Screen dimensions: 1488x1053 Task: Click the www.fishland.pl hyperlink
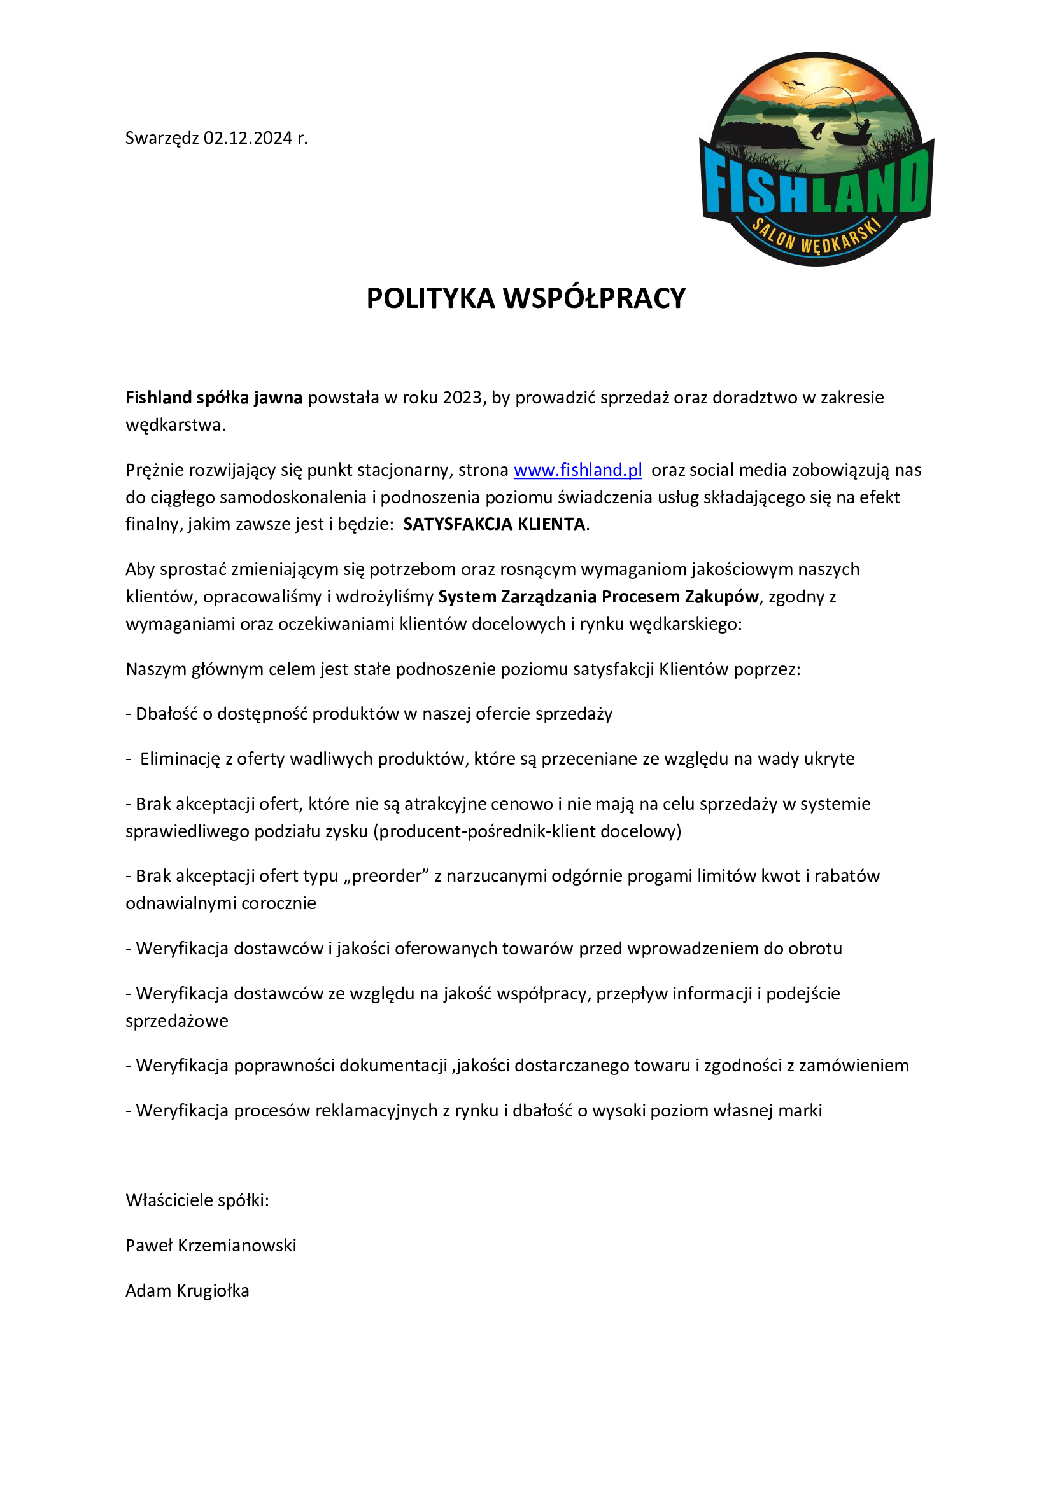coord(577,470)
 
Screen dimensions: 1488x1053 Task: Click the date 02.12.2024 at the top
coord(248,138)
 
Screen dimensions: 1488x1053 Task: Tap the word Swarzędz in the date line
coord(162,139)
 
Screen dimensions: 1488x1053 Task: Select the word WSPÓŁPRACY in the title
coord(595,299)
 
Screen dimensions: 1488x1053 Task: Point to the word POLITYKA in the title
coord(430,299)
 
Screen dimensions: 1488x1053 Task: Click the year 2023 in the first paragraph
coord(463,397)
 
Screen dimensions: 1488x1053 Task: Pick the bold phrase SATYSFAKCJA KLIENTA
coord(494,524)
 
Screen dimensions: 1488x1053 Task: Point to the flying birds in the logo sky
coord(795,85)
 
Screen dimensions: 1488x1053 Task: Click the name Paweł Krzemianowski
coord(211,1245)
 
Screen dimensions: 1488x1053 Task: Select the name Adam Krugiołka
coord(187,1290)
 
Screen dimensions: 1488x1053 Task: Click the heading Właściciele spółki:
coord(197,1200)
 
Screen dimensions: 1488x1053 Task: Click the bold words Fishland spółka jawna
coord(214,397)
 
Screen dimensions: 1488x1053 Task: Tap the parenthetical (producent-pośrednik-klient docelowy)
coord(527,831)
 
